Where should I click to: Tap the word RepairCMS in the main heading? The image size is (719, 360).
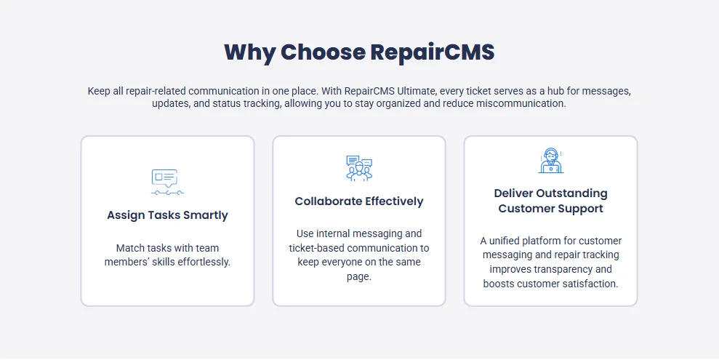point(432,52)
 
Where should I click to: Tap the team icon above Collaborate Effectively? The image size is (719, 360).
point(359,168)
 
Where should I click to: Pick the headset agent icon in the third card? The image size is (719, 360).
point(550,161)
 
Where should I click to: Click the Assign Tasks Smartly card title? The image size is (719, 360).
point(167,215)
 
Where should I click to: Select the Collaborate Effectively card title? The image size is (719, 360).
point(359,201)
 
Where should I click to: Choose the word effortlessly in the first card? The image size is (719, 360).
point(198,262)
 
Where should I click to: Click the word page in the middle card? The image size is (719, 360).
point(358,276)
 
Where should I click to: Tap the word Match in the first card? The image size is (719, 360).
point(130,248)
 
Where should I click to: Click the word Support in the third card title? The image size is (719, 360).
point(580,209)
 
